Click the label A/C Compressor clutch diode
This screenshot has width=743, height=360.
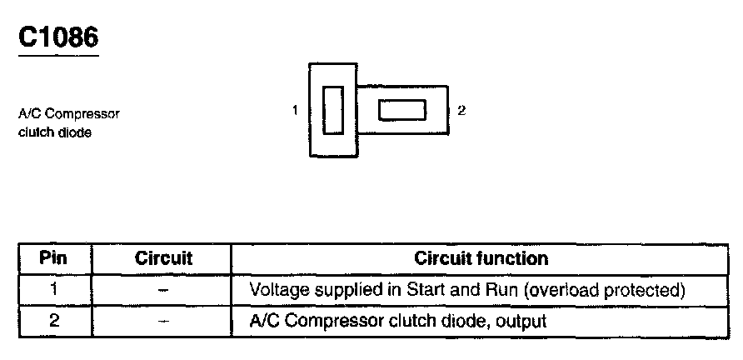point(69,122)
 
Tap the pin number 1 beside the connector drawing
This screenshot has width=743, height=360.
point(296,110)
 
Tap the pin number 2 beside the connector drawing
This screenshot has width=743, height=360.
point(461,110)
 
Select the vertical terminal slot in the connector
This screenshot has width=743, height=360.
point(333,110)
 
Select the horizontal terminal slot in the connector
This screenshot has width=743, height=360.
point(402,110)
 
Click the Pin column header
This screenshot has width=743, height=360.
point(53,258)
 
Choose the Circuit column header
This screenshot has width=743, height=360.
point(163,258)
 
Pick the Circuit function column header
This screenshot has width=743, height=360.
point(481,258)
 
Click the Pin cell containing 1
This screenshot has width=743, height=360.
point(53,290)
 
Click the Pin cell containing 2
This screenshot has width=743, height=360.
point(53,321)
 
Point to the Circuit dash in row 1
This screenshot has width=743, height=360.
point(163,290)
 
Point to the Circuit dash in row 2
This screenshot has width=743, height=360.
point(163,321)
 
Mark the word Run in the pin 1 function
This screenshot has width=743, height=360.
point(486,290)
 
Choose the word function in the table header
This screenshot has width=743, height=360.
point(516,258)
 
